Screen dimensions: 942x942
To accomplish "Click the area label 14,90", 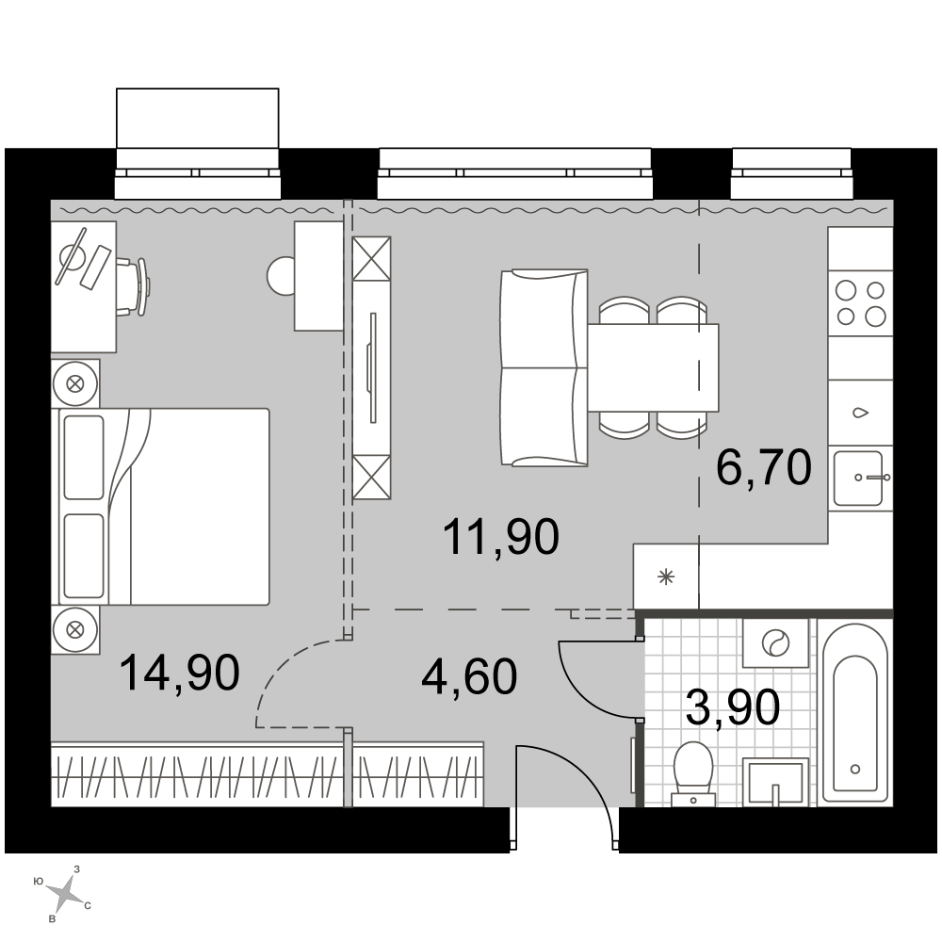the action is [180, 673].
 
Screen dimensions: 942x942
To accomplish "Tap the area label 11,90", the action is [501, 537].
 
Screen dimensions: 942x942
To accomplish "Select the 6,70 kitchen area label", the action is [764, 467].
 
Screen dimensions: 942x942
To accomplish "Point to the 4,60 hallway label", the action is [469, 676].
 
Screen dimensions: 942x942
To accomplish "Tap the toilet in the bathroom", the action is [693, 773].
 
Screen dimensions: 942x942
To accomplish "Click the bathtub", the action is [854, 712].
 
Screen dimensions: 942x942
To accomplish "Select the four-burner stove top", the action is [861, 303].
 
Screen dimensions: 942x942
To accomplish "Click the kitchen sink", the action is [860, 478].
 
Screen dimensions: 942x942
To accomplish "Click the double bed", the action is [163, 507].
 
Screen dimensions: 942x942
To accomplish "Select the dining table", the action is [653, 367].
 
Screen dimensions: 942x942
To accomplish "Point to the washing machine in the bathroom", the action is [775, 643].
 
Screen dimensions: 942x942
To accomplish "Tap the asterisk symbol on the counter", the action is [666, 577].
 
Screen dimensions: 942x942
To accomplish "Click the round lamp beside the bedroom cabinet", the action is [281, 275].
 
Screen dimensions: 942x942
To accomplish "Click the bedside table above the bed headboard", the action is [75, 383].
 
